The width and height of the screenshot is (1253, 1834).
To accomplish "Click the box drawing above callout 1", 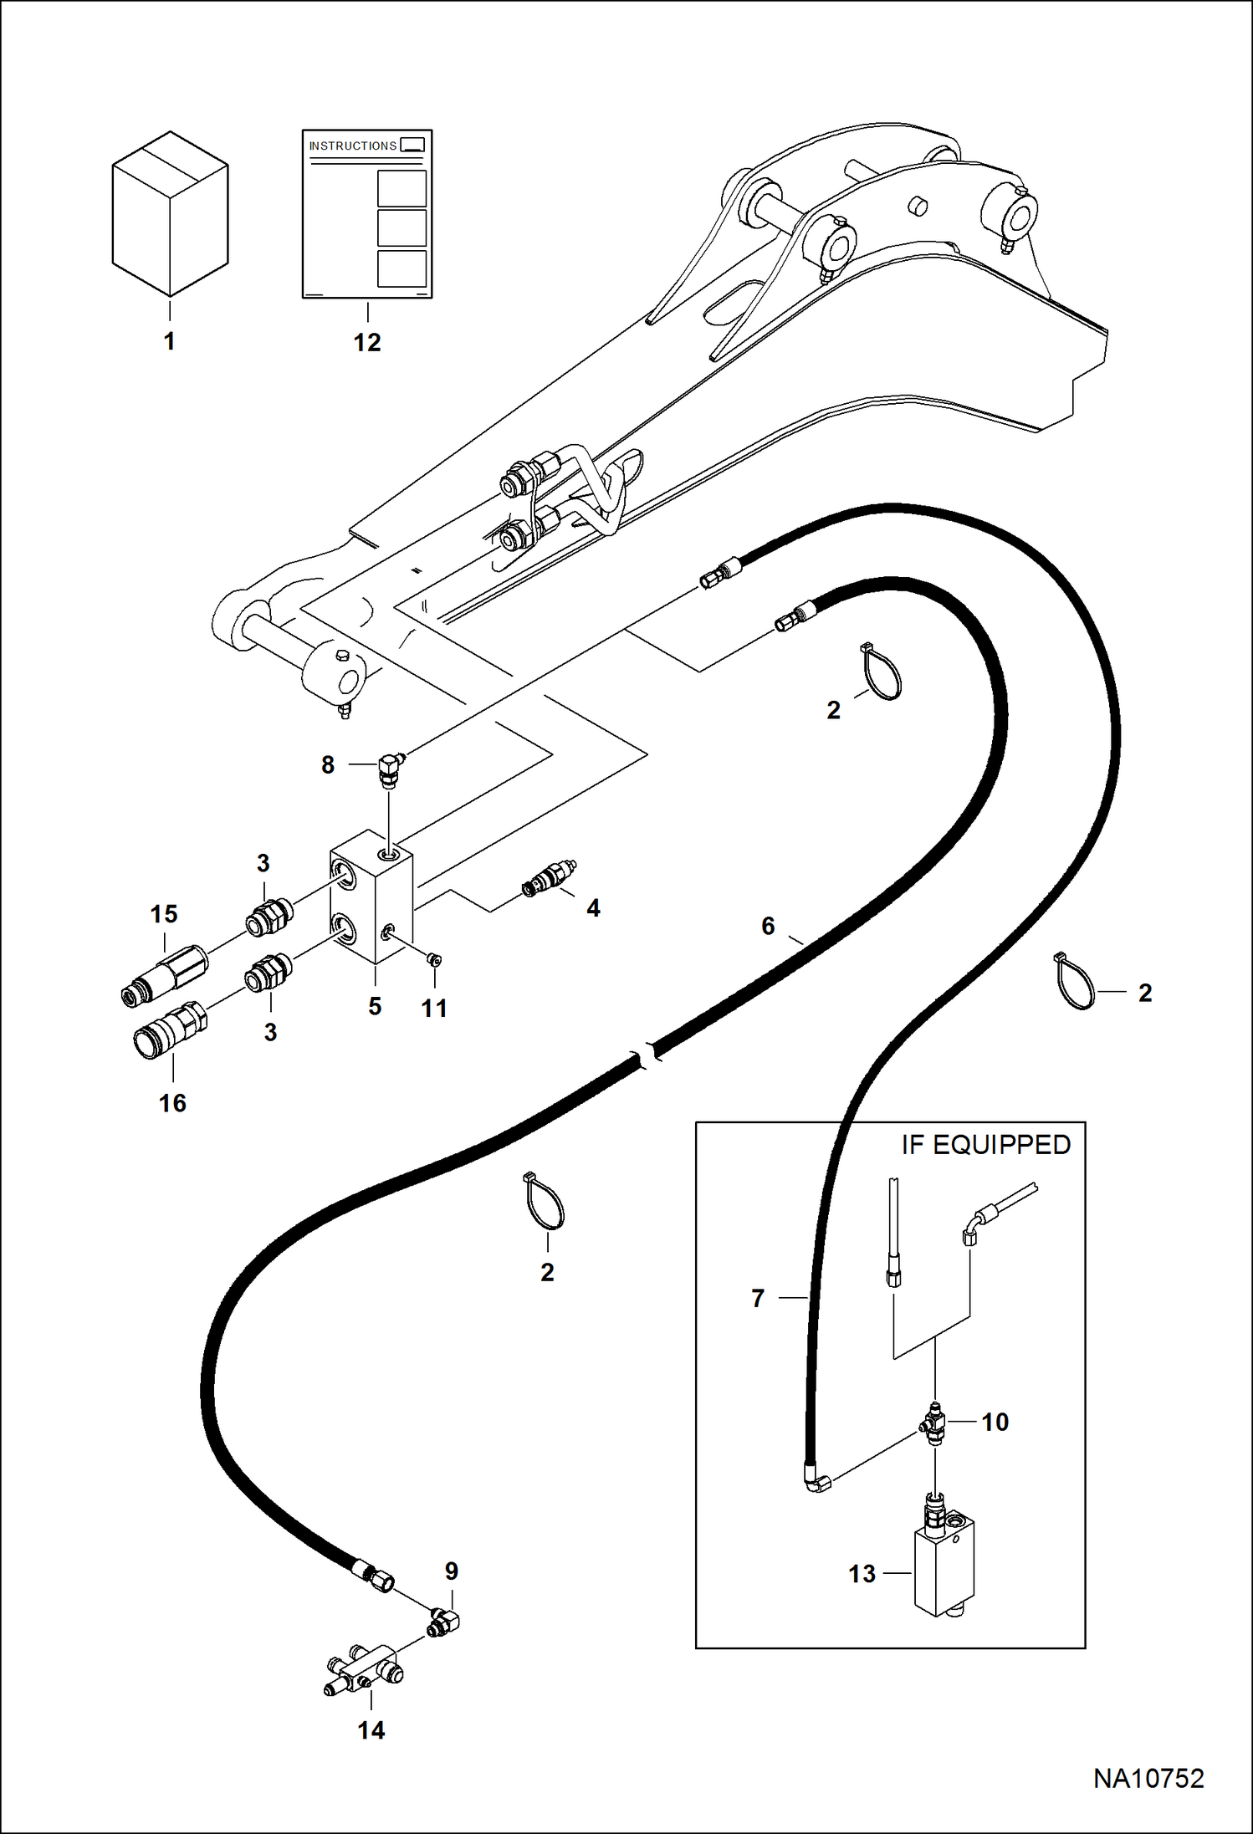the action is [170, 213].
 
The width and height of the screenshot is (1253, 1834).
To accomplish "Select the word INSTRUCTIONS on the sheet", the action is [353, 146].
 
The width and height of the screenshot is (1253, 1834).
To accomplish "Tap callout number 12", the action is [367, 342].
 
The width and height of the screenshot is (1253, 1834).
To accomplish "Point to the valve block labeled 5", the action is [371, 897].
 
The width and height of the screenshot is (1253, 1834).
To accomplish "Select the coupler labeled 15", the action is [164, 975].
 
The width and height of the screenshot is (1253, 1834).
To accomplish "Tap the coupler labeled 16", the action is [170, 1030].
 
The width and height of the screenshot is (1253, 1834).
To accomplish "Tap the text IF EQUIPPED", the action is [986, 1145].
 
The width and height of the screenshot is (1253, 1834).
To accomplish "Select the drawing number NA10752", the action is [1148, 1779].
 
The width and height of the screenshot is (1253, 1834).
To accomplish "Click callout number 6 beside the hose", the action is [768, 926].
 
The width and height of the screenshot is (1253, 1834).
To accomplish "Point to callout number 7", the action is [758, 1298].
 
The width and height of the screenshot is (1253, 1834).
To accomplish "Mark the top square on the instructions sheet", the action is [402, 188].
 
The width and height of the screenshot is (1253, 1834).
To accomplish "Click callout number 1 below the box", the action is [169, 341].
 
